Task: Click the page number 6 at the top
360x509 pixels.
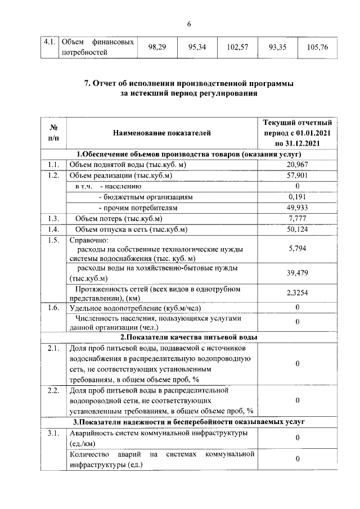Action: [189, 24]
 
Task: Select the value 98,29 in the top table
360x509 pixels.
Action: [157, 47]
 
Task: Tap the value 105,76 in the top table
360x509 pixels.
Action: [318, 47]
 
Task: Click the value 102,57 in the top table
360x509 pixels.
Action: [237, 47]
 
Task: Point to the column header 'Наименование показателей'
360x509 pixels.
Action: [161, 133]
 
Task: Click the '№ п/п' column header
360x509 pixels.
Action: [53, 133]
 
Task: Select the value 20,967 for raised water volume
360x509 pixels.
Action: [296, 165]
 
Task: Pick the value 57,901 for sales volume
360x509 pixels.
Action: [296, 175]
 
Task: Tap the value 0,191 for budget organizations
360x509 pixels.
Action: [296, 197]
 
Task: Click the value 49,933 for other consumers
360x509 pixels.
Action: [296, 208]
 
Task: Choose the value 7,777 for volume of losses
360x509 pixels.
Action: [296, 218]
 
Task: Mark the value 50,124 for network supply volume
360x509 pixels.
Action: [296, 229]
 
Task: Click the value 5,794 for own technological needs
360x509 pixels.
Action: [296, 249]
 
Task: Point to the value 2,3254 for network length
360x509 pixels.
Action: [296, 293]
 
